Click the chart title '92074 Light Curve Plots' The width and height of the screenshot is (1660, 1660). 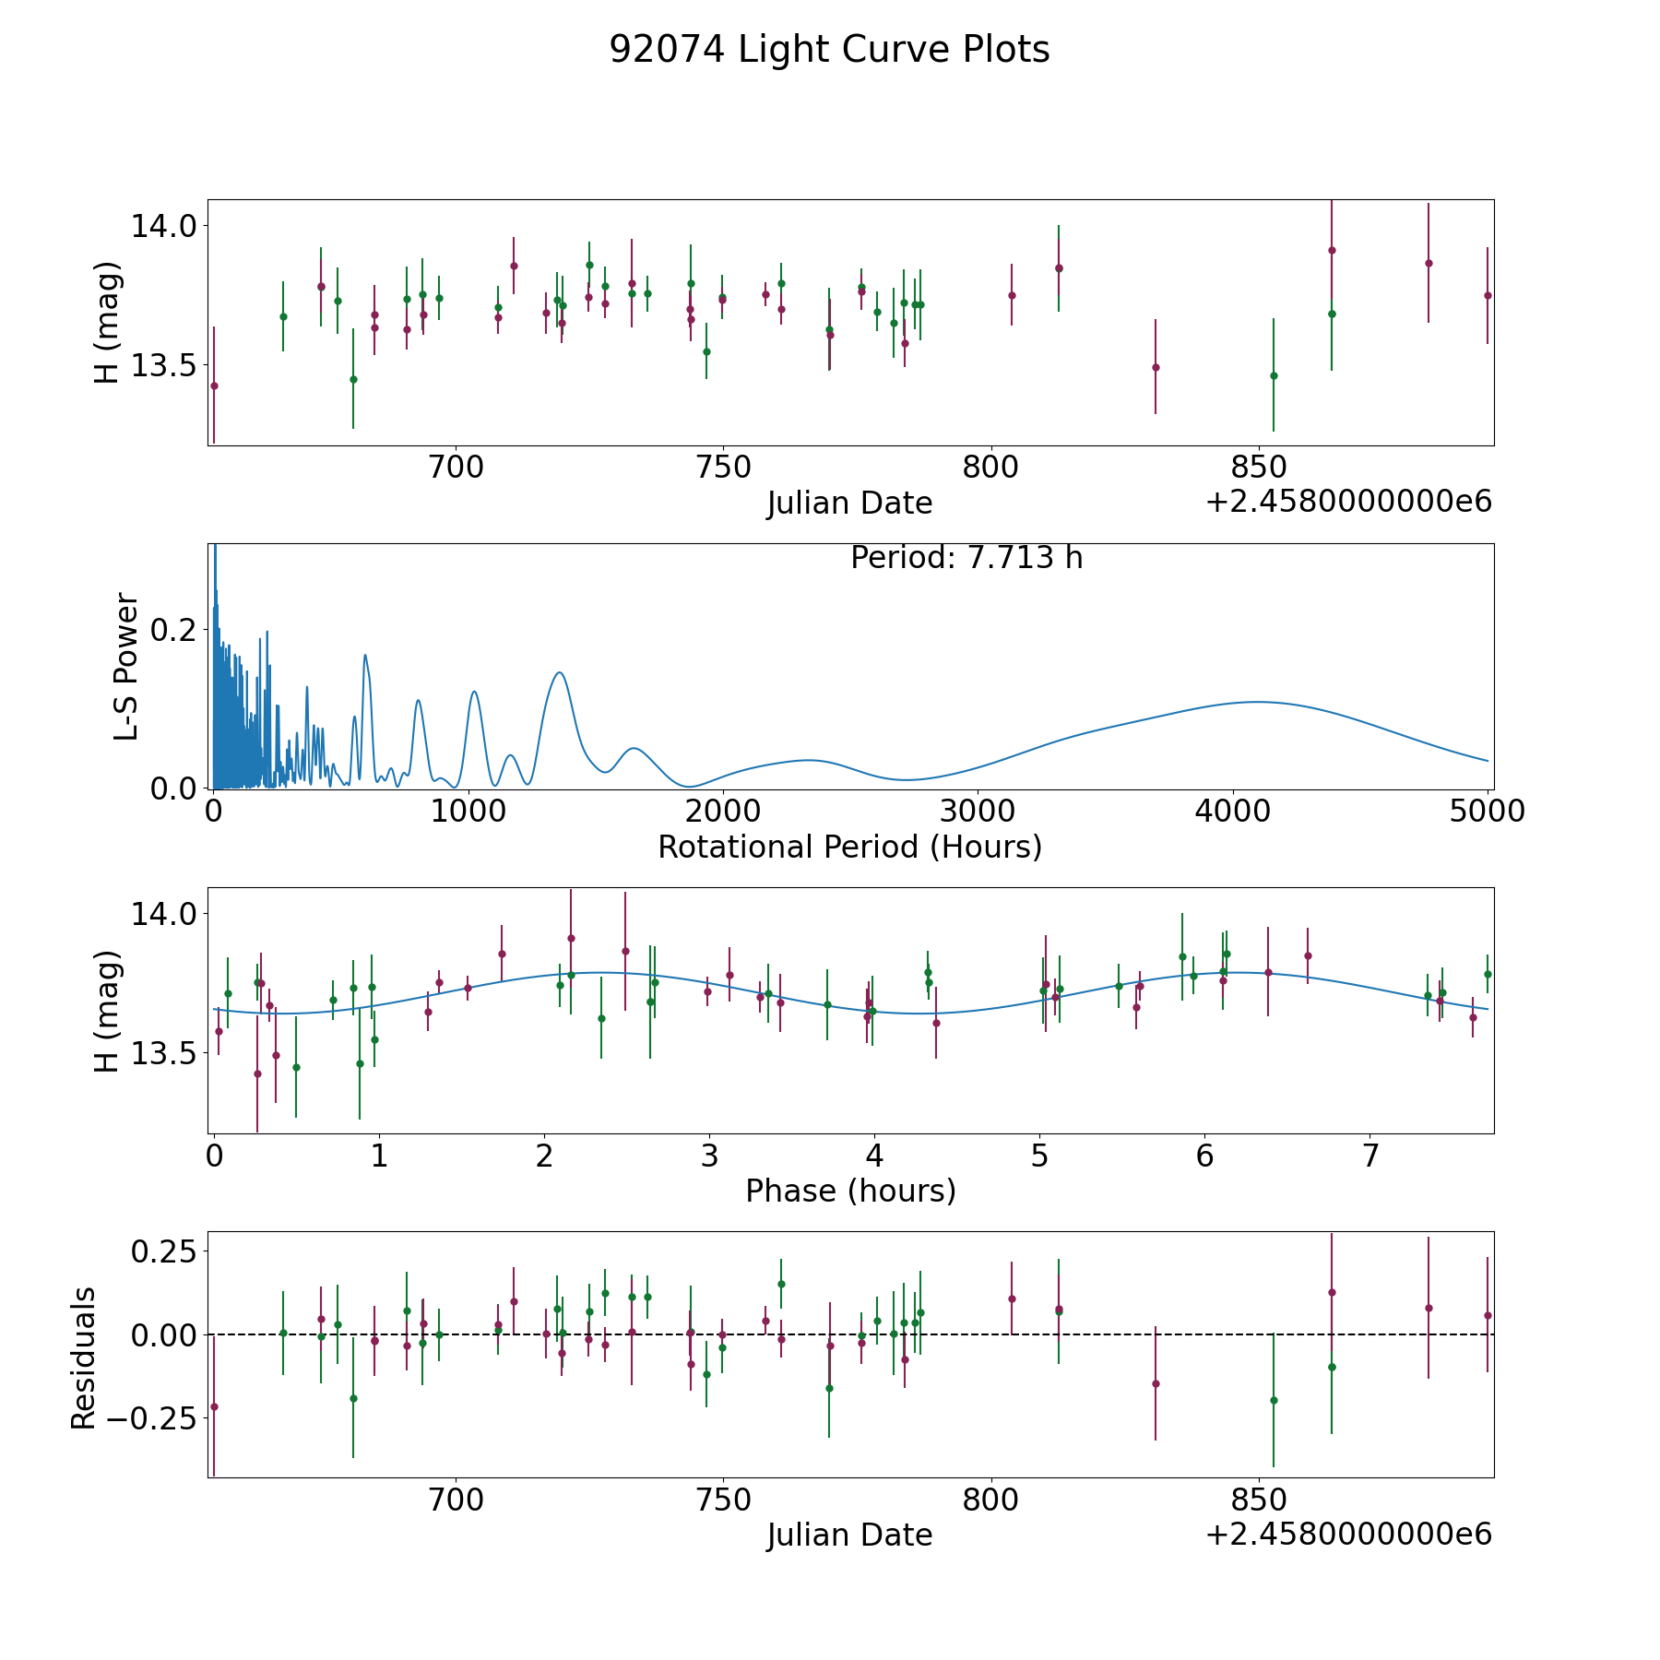click(x=829, y=50)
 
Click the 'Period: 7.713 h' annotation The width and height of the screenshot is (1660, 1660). click(x=966, y=558)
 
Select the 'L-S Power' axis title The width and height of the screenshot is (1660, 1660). click(x=127, y=667)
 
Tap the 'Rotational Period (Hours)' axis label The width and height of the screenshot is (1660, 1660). click(x=849, y=847)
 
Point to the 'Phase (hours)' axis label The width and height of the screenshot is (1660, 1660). click(x=849, y=1192)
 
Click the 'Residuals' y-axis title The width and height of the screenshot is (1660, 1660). click(x=83, y=1358)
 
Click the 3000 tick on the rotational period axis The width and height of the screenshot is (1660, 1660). click(x=978, y=811)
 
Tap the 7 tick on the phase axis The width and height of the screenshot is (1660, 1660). click(x=1369, y=1156)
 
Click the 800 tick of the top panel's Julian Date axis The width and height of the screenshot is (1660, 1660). click(x=990, y=468)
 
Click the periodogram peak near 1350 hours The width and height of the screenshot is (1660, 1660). click(x=559, y=673)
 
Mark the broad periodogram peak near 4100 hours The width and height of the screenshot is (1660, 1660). click(x=1256, y=702)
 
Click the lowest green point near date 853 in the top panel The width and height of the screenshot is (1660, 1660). click(x=1274, y=375)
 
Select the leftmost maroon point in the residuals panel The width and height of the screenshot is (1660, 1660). click(x=214, y=1406)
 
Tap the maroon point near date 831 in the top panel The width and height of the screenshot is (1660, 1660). click(x=1156, y=367)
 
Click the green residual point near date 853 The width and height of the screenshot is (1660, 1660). click(x=1274, y=1400)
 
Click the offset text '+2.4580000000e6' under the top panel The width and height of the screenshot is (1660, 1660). click(x=1348, y=503)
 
